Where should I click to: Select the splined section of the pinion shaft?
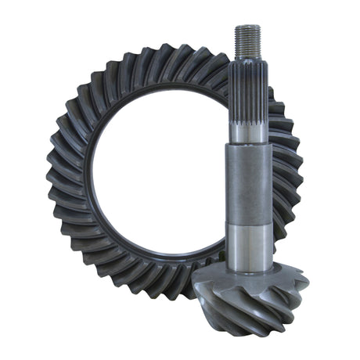pyautogui.click(x=249, y=98)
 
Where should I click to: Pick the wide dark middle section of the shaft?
pyautogui.click(x=250, y=184)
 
